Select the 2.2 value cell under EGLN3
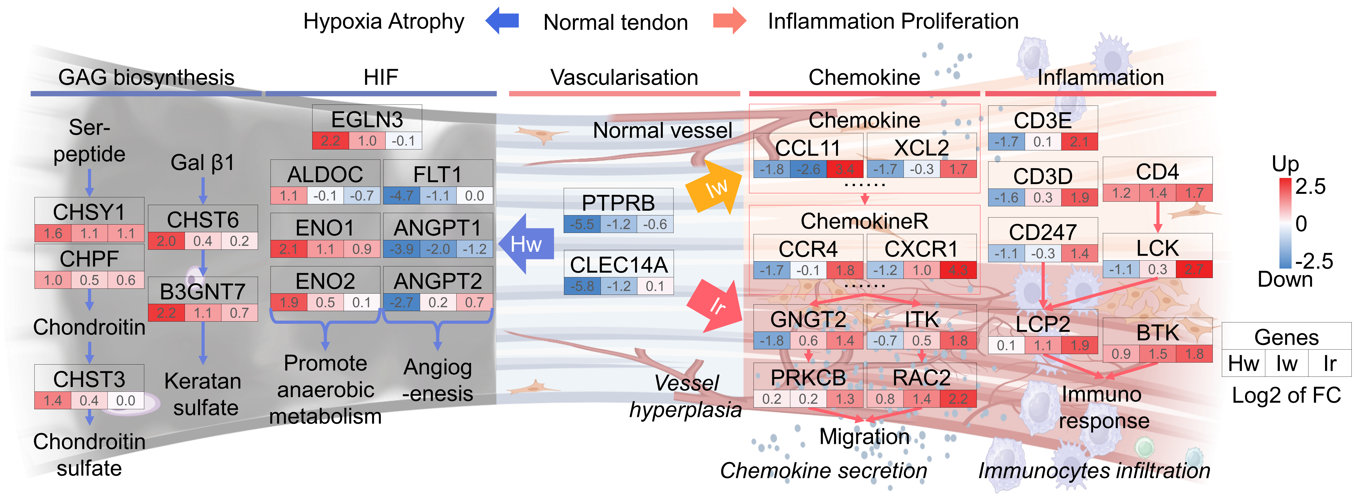330,141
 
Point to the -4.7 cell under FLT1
401,196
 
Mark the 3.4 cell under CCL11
845,169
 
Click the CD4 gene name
1157,172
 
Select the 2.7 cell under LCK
1194,269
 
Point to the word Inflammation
1100,77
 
